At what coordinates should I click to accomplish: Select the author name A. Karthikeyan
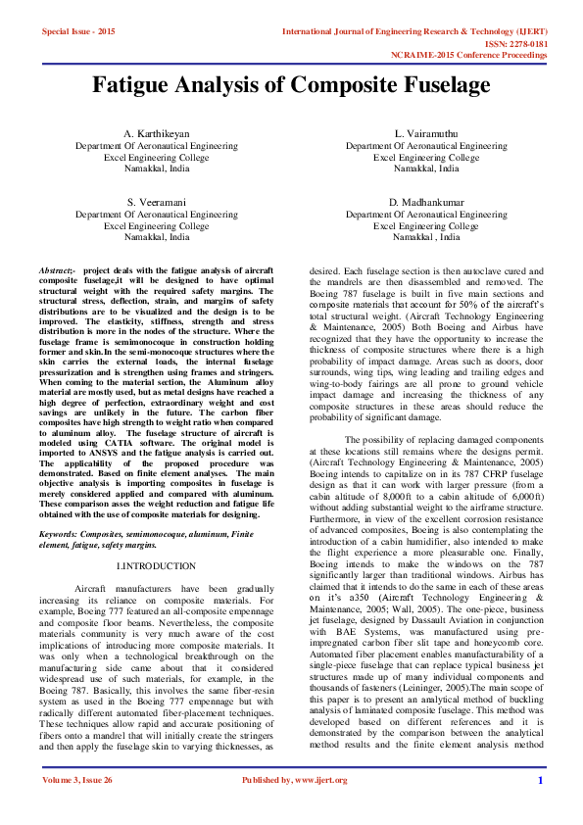pos(157,132)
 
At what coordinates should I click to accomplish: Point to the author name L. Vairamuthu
pos(426,132)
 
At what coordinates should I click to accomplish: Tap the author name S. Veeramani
pos(157,201)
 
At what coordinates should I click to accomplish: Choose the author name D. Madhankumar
pos(426,201)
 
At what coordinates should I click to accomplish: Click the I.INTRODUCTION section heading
pos(157,566)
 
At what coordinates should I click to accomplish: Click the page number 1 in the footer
pos(540,807)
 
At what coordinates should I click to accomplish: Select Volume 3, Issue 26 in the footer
pos(76,807)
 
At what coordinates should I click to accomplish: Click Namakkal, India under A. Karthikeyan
pos(157,169)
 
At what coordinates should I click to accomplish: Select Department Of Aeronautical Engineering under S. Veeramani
pos(157,214)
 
